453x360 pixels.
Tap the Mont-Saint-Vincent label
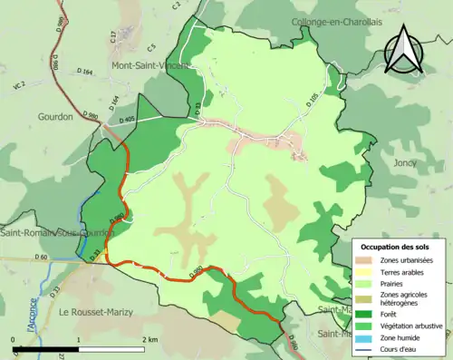point(149,65)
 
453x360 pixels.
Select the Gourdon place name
point(55,117)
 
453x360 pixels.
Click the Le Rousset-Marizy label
point(95,312)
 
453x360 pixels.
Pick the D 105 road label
point(313,100)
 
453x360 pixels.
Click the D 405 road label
point(125,119)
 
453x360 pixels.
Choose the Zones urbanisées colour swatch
point(367,261)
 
